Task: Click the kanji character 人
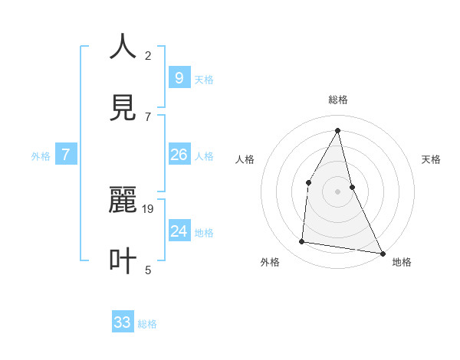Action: (x=123, y=47)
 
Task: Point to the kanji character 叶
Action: (x=123, y=260)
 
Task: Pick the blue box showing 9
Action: (x=179, y=77)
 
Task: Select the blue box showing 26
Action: (x=179, y=155)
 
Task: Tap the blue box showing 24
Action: (x=179, y=231)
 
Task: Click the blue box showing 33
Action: (x=123, y=322)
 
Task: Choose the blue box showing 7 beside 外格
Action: (x=66, y=155)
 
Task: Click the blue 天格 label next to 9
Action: (x=204, y=80)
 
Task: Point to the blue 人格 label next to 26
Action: (x=204, y=156)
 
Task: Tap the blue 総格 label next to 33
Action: (x=147, y=324)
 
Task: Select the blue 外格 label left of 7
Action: (x=41, y=156)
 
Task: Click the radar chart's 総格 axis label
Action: (x=338, y=100)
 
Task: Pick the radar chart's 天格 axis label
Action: (x=431, y=159)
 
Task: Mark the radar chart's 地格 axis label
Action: (x=402, y=262)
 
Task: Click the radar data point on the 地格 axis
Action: (x=383, y=253)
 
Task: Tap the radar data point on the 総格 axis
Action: (x=338, y=129)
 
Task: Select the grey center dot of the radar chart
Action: (x=338, y=191)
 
